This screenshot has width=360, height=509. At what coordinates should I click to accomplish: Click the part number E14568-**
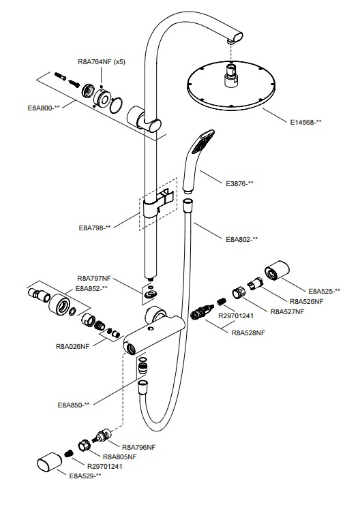pyautogui.click(x=305, y=123)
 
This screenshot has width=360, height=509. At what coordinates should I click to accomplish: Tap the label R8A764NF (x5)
pyautogui.click(x=102, y=62)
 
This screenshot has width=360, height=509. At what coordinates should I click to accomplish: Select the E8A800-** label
pyautogui.click(x=44, y=108)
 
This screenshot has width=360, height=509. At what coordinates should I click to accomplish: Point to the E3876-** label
pyautogui.click(x=239, y=183)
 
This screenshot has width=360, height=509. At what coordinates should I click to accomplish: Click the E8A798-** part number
pyautogui.click(x=95, y=228)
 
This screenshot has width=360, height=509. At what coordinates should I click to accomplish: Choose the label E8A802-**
pyautogui.click(x=242, y=240)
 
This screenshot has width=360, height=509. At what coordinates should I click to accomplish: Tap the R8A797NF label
pyautogui.click(x=94, y=279)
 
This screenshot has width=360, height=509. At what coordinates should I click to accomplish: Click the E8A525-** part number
pyautogui.click(x=325, y=291)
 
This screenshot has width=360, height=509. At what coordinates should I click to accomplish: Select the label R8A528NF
pyautogui.click(x=248, y=333)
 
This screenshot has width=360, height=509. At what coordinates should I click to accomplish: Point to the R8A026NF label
pyautogui.click(x=72, y=347)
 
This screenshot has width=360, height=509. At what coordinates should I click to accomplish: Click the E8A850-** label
pyautogui.click(x=74, y=405)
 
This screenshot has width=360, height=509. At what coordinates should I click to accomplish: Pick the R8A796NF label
pyautogui.click(x=138, y=447)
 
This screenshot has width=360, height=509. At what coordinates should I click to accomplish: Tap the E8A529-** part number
pyautogui.click(x=85, y=476)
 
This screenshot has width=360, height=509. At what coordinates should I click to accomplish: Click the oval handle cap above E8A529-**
pyautogui.click(x=49, y=461)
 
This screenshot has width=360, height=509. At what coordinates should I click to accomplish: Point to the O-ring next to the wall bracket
pyautogui.click(x=117, y=105)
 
